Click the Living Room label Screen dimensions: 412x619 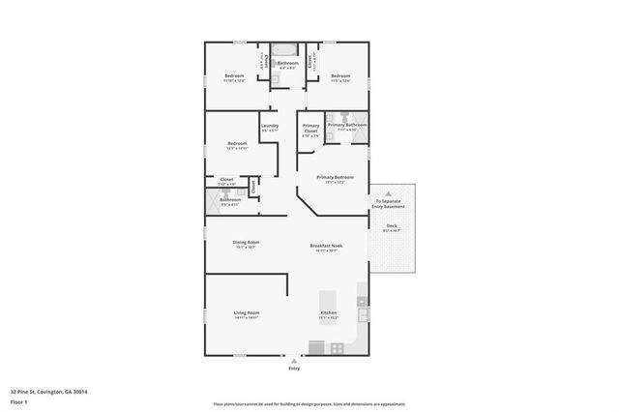[246, 313]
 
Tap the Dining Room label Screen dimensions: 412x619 [246, 243]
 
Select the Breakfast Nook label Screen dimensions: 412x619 [328, 247]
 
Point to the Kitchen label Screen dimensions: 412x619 [328, 313]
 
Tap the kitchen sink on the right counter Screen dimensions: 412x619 [363, 312]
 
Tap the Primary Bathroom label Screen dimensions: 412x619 [346, 125]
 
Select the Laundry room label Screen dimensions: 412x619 [270, 128]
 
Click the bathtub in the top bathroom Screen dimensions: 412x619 [286, 49]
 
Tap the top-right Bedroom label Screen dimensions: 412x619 [339, 76]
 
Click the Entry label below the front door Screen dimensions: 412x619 [294, 368]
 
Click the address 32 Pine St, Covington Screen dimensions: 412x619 [48, 392]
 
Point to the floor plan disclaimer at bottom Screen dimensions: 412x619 [309, 404]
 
